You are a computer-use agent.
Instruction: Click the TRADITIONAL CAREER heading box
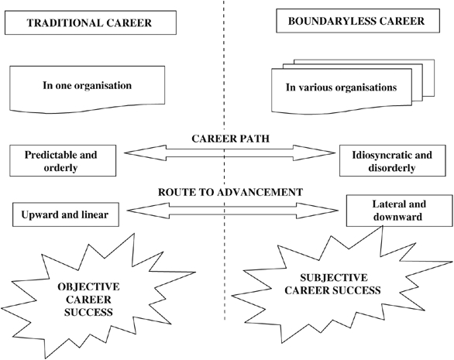pyautogui.click(x=91, y=23)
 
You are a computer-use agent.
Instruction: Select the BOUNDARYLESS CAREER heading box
pyautogui.click(x=358, y=21)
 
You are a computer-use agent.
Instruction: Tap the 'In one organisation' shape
pyautogui.click(x=87, y=89)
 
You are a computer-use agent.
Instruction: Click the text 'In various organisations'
pyautogui.click(x=341, y=87)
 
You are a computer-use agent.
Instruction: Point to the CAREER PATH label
pyautogui.click(x=230, y=139)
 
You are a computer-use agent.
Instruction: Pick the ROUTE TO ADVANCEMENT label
pyautogui.click(x=230, y=192)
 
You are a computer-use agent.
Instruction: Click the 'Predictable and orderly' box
pyautogui.click(x=63, y=160)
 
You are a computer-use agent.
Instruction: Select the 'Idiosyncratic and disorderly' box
pyautogui.click(x=393, y=160)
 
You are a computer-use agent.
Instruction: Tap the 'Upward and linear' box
pyautogui.click(x=66, y=214)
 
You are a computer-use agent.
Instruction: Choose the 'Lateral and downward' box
pyautogui.click(x=400, y=211)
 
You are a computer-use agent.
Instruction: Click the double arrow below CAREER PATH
pyautogui.click(x=229, y=153)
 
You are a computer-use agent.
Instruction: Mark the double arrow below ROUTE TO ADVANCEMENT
pyautogui.click(x=232, y=211)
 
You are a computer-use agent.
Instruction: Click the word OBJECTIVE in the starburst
pyautogui.click(x=88, y=286)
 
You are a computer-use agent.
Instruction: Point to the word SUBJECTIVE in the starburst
pyautogui.click(x=334, y=278)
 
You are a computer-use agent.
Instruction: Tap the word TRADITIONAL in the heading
pyautogui.click(x=64, y=23)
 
